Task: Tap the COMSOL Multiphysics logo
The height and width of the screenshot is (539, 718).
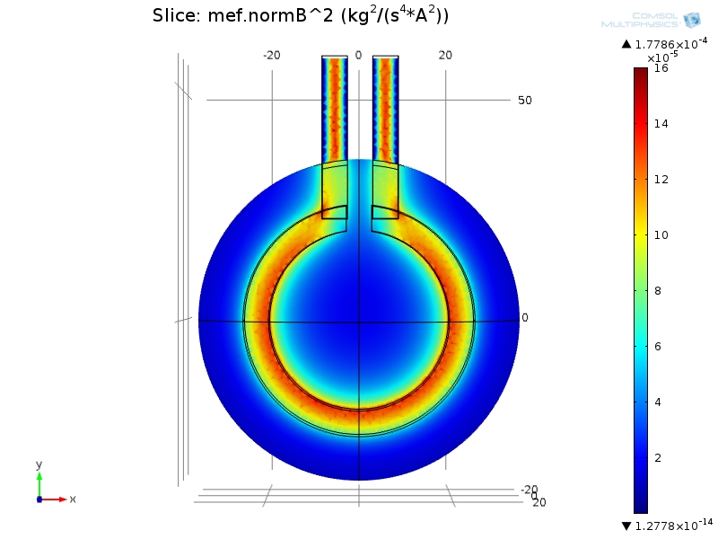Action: pyautogui.click(x=651, y=20)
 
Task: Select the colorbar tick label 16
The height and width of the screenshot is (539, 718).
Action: pyautogui.click(x=661, y=68)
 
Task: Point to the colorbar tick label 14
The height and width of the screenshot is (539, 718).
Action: pyautogui.click(x=661, y=124)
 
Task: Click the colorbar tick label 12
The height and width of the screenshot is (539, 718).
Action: pyautogui.click(x=661, y=179)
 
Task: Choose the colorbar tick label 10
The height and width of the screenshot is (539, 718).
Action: pyautogui.click(x=661, y=235)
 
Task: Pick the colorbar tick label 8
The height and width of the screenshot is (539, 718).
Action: pyautogui.click(x=658, y=290)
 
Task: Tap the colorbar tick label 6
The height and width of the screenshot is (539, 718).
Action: pyautogui.click(x=658, y=347)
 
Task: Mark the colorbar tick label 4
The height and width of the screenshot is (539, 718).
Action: pyautogui.click(x=658, y=402)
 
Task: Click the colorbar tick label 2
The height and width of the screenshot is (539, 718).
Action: pyautogui.click(x=658, y=458)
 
